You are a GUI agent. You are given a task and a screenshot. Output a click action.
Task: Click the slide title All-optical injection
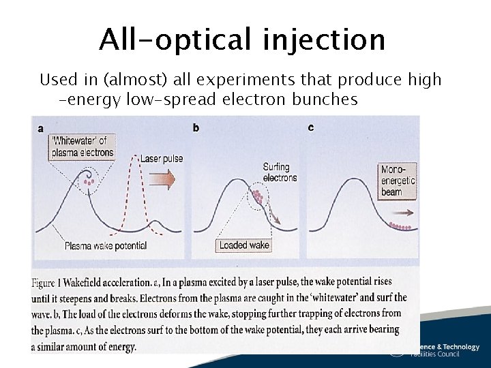pyautogui.click(x=242, y=40)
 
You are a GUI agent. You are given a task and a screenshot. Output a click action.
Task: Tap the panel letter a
pyautogui.click(x=40, y=127)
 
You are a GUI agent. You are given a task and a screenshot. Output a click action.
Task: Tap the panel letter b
pyautogui.click(x=196, y=127)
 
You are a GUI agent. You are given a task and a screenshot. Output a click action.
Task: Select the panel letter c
pyautogui.click(x=311, y=127)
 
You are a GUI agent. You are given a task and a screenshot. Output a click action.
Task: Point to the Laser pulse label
pyautogui.click(x=161, y=159)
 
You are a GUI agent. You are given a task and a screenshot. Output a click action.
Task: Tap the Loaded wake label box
pyautogui.click(x=244, y=245)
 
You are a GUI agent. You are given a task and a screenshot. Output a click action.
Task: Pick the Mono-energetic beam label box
pyautogui.click(x=398, y=181)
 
